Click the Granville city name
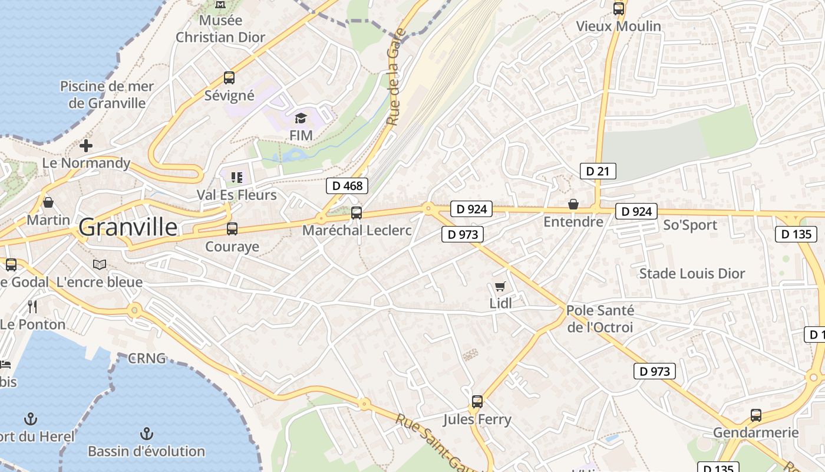pos(127,227)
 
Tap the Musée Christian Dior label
pos(220,29)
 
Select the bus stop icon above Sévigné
pos(229,78)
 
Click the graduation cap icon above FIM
pos(301,118)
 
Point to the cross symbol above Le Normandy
pos(86,145)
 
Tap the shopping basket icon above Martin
pos(48,202)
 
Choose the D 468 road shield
pos(347,186)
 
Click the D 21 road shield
pos(598,171)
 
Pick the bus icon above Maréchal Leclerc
pos(357,213)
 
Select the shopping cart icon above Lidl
pos(500,287)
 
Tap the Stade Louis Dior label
pos(692,274)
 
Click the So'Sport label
pos(690,225)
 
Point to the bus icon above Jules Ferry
pos(477,402)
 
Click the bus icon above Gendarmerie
pos(756,415)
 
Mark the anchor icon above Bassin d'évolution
pos(146,434)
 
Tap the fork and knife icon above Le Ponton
pos(32,306)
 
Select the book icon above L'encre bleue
pos(100,265)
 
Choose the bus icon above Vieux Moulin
pos(619,9)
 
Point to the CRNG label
pos(147,358)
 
